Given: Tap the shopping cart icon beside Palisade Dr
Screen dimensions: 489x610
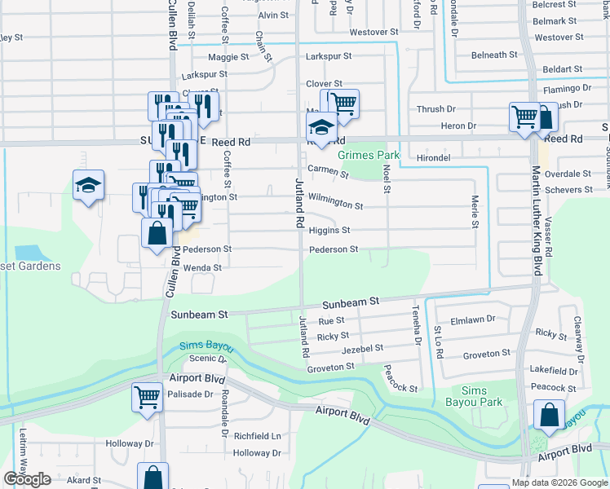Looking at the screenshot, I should click(148, 398).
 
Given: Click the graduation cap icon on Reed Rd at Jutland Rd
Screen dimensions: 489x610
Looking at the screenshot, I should click(321, 128).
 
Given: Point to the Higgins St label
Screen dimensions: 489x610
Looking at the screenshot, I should click(329, 231).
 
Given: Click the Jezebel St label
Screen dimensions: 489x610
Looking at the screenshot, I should click(362, 348).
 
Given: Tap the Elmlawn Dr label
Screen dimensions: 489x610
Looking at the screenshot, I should click(473, 320).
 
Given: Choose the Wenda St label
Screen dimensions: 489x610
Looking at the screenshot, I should click(202, 267).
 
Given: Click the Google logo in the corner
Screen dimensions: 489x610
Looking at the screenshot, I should click(28, 479).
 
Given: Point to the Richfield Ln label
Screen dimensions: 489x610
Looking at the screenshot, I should click(257, 436).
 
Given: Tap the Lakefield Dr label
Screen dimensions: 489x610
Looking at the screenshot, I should click(553, 369).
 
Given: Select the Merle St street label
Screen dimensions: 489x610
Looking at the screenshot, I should click(474, 210).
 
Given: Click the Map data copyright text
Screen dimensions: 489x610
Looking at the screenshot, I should click(559, 482).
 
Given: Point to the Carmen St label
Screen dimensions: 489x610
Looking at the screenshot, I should click(328, 172).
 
